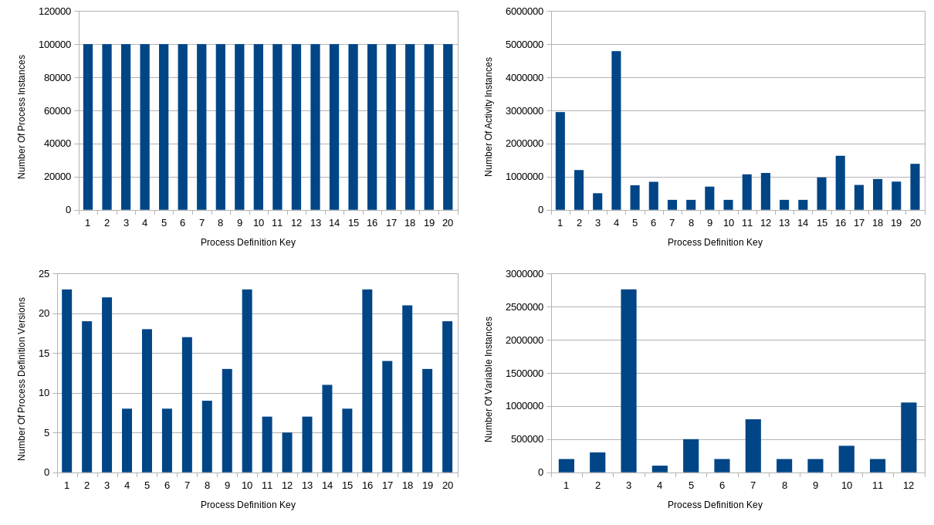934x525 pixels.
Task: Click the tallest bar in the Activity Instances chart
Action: tap(616, 130)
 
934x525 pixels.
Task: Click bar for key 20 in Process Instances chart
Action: tap(448, 127)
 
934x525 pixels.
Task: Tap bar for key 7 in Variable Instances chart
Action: tap(753, 445)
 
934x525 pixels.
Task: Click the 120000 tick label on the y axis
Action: tap(56, 12)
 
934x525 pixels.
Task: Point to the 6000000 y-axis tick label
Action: tap(524, 12)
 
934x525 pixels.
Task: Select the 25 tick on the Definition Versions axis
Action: tap(44, 274)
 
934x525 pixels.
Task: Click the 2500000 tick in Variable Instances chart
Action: tap(524, 307)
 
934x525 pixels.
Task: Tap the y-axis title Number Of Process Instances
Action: tap(22, 117)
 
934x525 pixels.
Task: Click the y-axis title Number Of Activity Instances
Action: tap(489, 117)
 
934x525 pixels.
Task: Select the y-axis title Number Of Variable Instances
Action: tap(489, 379)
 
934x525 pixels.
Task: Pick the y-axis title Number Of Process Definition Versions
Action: tap(22, 379)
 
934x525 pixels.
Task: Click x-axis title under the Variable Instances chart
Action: tap(715, 505)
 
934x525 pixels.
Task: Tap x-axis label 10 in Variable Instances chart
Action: tap(847, 485)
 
